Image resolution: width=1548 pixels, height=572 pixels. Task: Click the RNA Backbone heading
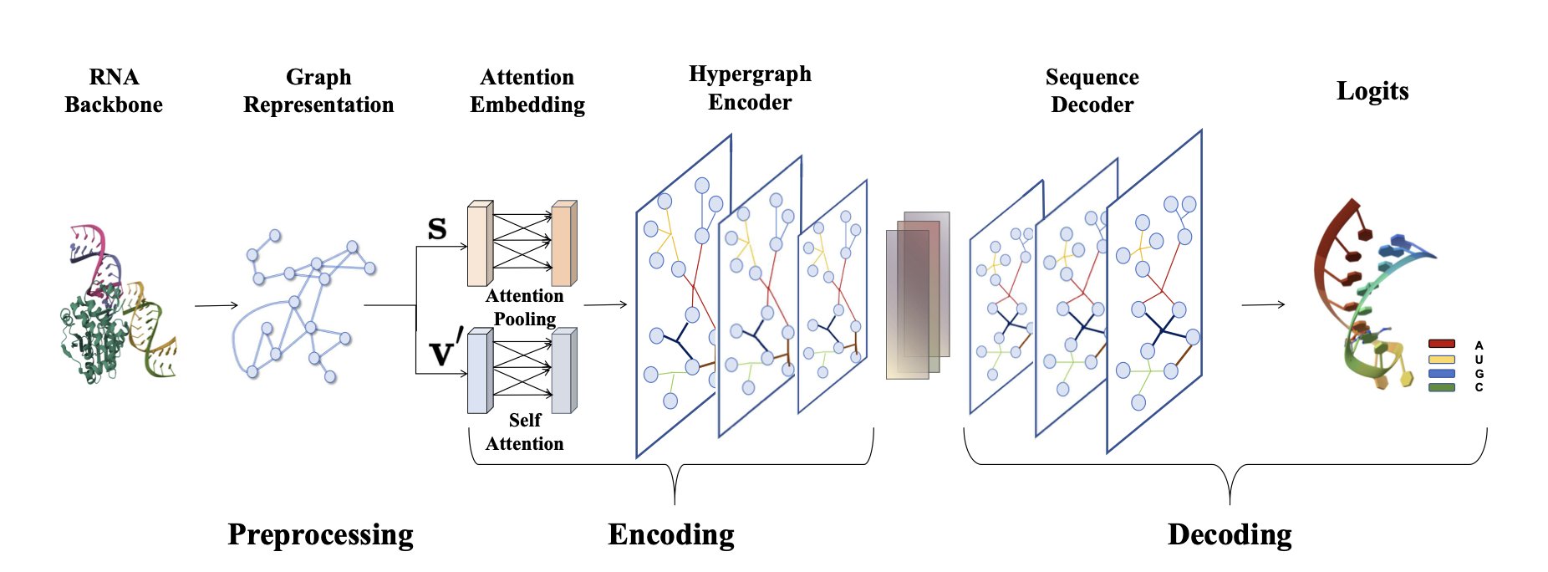pos(114,91)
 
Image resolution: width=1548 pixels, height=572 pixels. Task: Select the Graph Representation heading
pos(318,91)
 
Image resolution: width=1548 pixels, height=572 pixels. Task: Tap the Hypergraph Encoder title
pos(750,88)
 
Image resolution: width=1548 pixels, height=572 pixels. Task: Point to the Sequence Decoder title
pos(1092,91)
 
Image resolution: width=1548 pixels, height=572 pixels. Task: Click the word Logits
pos(1372,91)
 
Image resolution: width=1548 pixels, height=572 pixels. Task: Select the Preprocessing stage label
pos(320,534)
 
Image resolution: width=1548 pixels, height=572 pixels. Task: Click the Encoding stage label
pos(671,534)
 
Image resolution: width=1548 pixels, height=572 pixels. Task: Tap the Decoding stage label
pos(1230,534)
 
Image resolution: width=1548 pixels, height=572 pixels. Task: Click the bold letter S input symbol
pos(437,229)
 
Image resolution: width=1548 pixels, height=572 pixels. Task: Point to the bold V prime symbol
pos(446,351)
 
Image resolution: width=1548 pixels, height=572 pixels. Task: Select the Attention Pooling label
pos(524,308)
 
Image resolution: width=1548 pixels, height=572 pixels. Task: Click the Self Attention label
pos(524,432)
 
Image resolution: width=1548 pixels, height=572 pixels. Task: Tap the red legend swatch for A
pos(1442,344)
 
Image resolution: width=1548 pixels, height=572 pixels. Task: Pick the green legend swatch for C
pos(1442,387)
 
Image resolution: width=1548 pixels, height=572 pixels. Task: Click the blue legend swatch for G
pos(1442,373)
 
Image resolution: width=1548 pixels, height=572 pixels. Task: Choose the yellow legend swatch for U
pos(1442,359)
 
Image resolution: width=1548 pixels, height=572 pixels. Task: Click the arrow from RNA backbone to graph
pos(216,305)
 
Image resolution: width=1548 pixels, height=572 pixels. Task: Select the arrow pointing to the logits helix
pos(1263,304)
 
